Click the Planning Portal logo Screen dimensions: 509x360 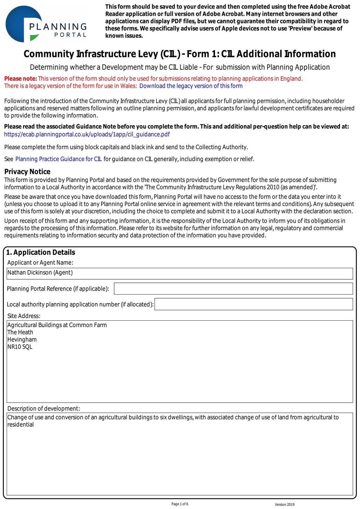pyautogui.click(x=46, y=24)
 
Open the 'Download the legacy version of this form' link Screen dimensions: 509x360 pyautogui.click(x=191, y=86)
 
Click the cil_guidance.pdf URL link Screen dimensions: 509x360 pyautogui.click(x=87, y=134)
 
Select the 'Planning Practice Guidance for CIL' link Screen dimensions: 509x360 pyautogui.click(x=59, y=159)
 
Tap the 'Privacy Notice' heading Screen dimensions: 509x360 pyautogui.click(x=27, y=172)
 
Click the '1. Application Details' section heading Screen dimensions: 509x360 pyautogui.click(x=41, y=252)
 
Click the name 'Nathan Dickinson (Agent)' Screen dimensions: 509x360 pyautogui.click(x=40, y=273)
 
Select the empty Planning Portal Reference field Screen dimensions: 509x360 pyautogui.click(x=233, y=289)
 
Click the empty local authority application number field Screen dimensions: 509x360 pyautogui.click(x=253, y=304)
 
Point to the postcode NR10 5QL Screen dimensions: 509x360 pyautogui.click(x=20, y=347)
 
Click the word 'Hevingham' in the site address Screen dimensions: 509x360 pyautogui.click(x=22, y=339)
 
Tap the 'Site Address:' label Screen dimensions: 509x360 pyautogui.click(x=24, y=316)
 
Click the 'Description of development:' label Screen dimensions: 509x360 pyautogui.click(x=44, y=408)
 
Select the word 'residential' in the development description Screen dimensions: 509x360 pyautogui.click(x=20, y=425)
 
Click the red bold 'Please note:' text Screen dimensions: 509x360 pyautogui.click(x=21, y=79)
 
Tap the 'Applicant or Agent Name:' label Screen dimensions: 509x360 pyautogui.click(x=40, y=262)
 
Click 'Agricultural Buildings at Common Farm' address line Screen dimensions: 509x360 pyautogui.click(x=57, y=325)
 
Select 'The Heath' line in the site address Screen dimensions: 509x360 pyautogui.click(x=20, y=332)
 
